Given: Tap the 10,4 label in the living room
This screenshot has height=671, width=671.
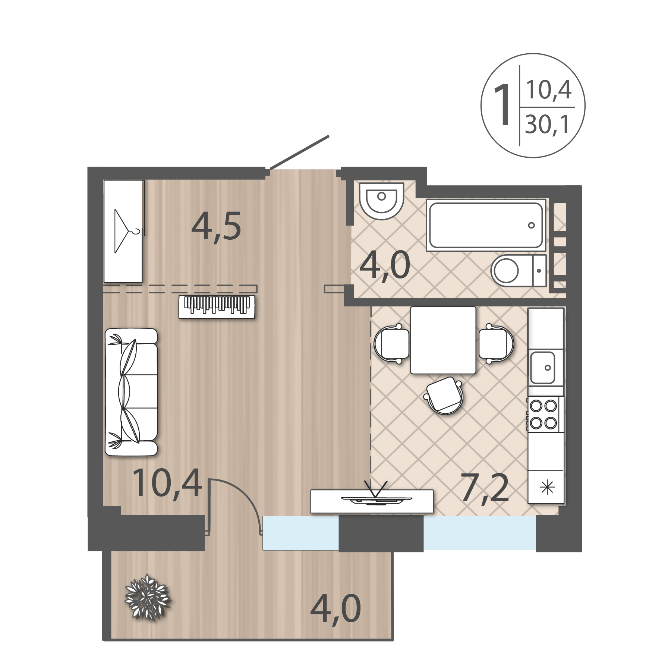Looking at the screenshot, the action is coord(167,484).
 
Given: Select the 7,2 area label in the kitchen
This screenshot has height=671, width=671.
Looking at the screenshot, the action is coord(485,489).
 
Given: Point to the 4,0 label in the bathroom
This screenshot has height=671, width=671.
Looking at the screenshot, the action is coord(385,266).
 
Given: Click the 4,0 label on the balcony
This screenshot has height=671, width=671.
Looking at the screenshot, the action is coord(335,609).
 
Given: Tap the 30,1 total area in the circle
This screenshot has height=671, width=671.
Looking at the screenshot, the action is coord(547,125).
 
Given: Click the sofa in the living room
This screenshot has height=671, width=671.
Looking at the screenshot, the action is coord(131,392).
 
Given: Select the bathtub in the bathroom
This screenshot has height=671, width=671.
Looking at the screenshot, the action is coord(486,225).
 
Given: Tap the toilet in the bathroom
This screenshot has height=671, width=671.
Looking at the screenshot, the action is coord(519,271).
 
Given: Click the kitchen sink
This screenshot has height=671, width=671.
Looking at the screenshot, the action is coord(543,368).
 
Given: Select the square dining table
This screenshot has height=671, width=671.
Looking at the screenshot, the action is coord(443,340).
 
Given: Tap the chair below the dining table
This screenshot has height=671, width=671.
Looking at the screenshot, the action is coord(444,396).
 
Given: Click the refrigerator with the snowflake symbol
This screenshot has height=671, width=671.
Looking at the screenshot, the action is coord(546,487).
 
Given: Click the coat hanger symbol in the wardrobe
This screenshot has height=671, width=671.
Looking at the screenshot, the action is coord(129,231).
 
